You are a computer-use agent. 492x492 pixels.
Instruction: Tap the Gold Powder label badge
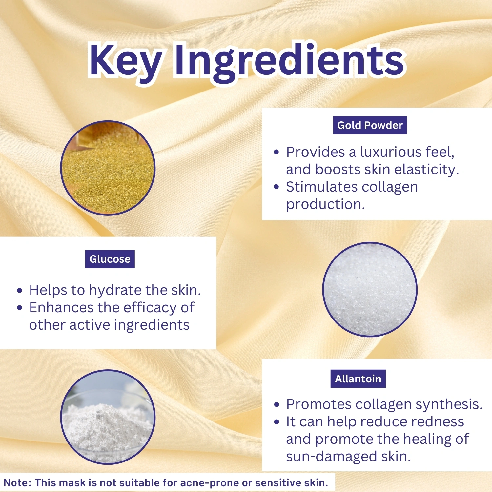[x=370, y=125]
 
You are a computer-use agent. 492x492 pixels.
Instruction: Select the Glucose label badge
[x=110, y=259]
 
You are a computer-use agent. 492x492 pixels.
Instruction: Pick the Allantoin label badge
[x=358, y=379]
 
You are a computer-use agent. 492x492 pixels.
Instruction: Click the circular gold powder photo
[x=108, y=168]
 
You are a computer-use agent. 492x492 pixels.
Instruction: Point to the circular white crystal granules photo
[x=370, y=289]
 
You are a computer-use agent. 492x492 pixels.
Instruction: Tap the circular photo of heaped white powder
[x=108, y=417]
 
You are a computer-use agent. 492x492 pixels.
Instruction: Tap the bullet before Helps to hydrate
[x=20, y=291]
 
